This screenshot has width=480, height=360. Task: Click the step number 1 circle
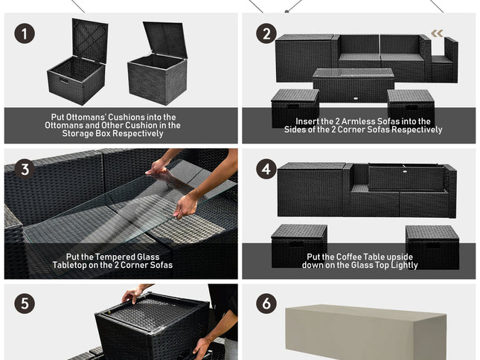coord(25,33)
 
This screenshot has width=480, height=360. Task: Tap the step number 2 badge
coord(266,33)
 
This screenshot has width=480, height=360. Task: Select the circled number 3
coord(25,169)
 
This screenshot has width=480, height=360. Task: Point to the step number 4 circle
coord(266,169)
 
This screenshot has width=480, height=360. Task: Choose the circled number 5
coord(25,303)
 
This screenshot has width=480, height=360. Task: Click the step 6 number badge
coord(266,303)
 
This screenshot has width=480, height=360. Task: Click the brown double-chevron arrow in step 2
coord(437,33)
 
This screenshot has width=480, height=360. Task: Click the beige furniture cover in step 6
coord(365,332)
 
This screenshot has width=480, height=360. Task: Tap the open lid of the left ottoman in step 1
coord(90,40)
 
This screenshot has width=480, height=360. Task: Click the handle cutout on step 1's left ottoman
coord(64,81)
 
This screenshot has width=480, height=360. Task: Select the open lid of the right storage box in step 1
coord(165,39)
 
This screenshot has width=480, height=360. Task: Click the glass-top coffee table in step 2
coord(353,86)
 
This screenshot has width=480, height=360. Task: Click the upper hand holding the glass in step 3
coord(157,168)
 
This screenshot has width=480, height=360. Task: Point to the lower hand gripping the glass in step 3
coord(185,205)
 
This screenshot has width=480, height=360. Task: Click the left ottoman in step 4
coord(299,245)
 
